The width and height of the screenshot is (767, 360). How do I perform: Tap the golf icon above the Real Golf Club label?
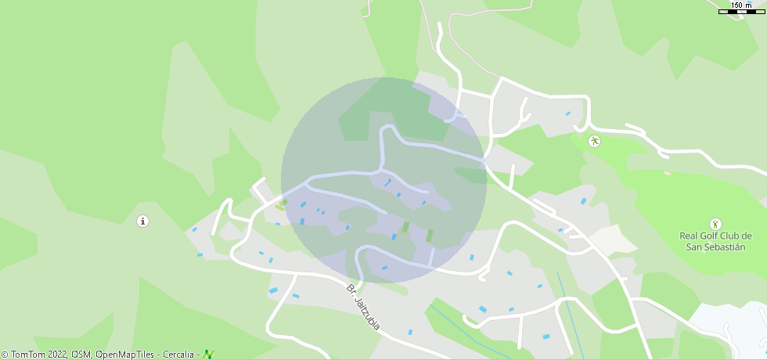coord(715,225)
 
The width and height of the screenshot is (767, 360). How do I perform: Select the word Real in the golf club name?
coord(687,236)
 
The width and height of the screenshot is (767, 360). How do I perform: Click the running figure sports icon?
coord(594,142)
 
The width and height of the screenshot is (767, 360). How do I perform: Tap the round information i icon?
coord(142,221)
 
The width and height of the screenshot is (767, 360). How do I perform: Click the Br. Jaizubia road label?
coord(363,306)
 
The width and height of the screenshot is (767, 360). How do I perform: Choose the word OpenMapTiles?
coord(124,355)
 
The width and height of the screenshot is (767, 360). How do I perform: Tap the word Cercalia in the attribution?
coord(179,355)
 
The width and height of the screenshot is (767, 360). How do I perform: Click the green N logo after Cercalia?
coord(208,355)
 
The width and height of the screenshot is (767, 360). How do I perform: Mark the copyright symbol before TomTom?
coord(5,355)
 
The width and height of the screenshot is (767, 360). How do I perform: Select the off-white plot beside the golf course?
coord(604,239)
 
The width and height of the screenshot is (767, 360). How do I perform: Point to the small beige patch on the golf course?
coord(667,173)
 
